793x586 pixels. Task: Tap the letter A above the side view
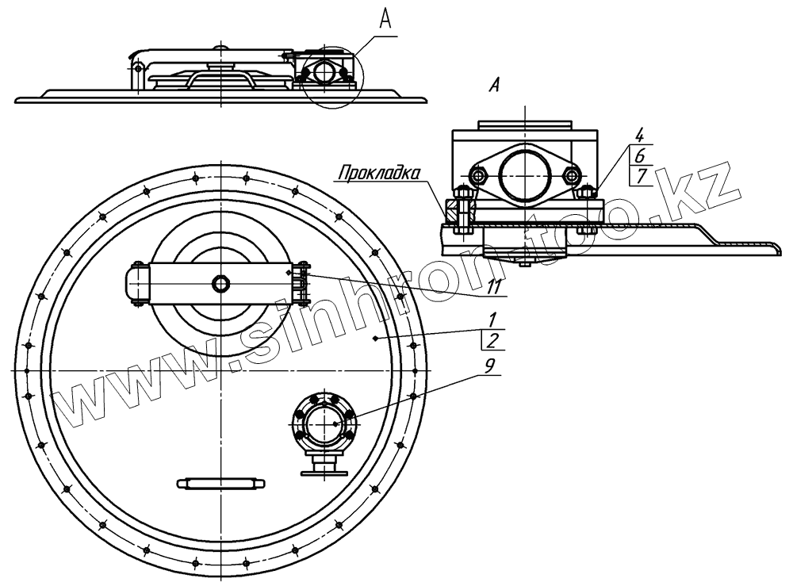pyautogui.click(x=385, y=21)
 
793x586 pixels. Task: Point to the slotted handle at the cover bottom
pyautogui.click(x=219, y=483)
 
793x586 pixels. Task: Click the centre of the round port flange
pyautogui.click(x=325, y=423)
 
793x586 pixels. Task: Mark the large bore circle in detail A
pyautogui.click(x=524, y=173)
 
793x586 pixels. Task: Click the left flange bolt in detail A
pyautogui.click(x=478, y=174)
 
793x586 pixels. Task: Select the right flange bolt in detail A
pyautogui.click(x=571, y=174)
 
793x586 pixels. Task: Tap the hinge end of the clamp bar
pyautogui.click(x=135, y=282)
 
